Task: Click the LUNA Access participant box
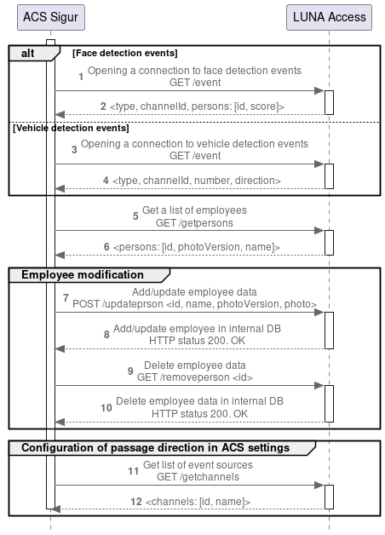[330, 16]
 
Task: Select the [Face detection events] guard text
[124, 54]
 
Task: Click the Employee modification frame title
[83, 275]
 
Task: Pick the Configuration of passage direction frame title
[155, 447]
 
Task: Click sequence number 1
[81, 77]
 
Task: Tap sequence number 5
[135, 216]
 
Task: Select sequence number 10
[106, 407]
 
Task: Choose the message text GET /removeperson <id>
[194, 377]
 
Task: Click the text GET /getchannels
[198, 477]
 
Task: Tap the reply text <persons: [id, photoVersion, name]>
[197, 247]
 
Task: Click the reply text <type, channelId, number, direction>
[197, 181]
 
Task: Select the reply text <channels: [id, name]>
[198, 503]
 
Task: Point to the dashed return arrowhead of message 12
[56, 509]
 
